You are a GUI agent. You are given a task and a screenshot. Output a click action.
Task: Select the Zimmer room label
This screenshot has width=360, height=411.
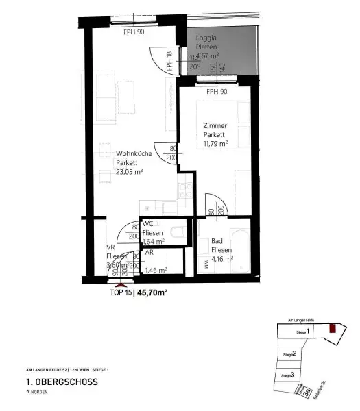coord(215,125)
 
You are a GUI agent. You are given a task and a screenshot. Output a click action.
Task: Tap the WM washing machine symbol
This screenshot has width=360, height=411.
coord(205,261)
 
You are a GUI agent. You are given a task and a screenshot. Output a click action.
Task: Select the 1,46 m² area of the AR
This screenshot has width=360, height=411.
coord(156,270)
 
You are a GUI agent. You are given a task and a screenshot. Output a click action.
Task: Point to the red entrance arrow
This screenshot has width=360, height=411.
coord(121,282)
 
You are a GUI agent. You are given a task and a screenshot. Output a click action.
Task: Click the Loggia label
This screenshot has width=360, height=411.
coord(206,37)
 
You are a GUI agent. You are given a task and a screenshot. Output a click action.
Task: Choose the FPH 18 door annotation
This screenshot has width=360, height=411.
coord(169,62)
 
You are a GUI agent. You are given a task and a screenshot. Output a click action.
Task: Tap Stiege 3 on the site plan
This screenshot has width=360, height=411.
coord(289,375)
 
